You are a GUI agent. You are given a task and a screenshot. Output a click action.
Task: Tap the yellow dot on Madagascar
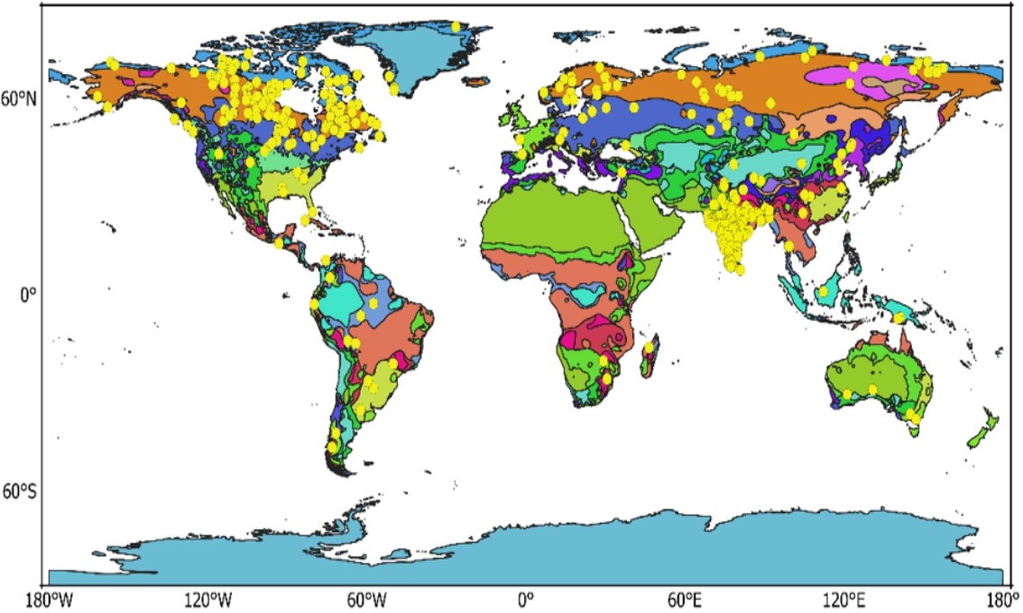(x=649, y=346)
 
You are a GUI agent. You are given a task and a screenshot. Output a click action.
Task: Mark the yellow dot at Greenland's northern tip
(x=456, y=27)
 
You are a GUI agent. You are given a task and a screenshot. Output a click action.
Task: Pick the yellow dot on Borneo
(x=824, y=291)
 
